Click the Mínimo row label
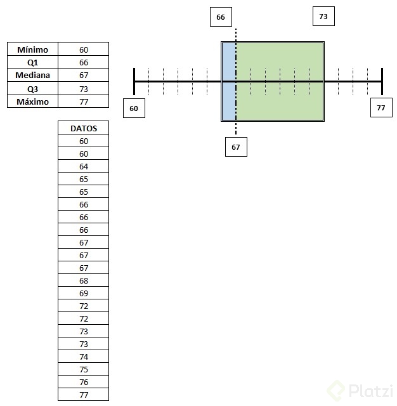[x=32, y=49]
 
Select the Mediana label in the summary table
[x=32, y=75]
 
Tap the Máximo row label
[x=32, y=101]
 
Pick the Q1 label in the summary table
[x=32, y=63]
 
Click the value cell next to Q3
[x=84, y=89]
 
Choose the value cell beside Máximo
[x=84, y=101]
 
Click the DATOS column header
[x=84, y=128]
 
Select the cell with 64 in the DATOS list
[x=84, y=166]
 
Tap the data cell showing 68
[x=84, y=280]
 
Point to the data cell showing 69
[x=84, y=293]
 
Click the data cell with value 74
[x=84, y=357]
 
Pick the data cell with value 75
[x=84, y=369]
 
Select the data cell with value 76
[x=84, y=382]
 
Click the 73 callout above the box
[x=323, y=16]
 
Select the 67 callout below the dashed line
[x=236, y=147]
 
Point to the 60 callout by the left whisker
[x=134, y=108]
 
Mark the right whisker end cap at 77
[x=382, y=82]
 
